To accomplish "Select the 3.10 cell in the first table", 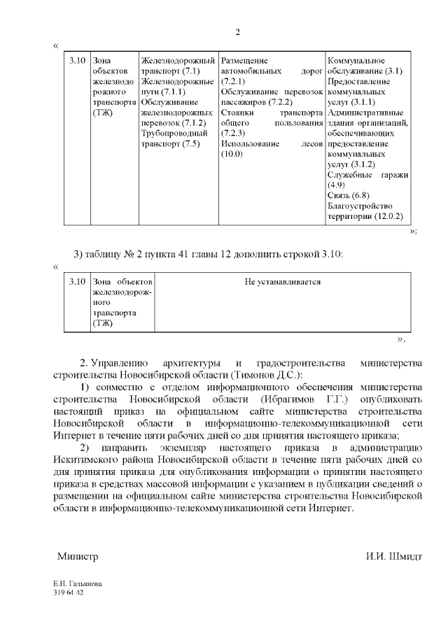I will pyautogui.click(x=78, y=62).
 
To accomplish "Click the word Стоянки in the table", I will pyautogui.click(x=236, y=113).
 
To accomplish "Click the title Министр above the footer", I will pyautogui.click(x=78, y=557).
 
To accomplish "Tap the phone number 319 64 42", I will pyautogui.click(x=68, y=592).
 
